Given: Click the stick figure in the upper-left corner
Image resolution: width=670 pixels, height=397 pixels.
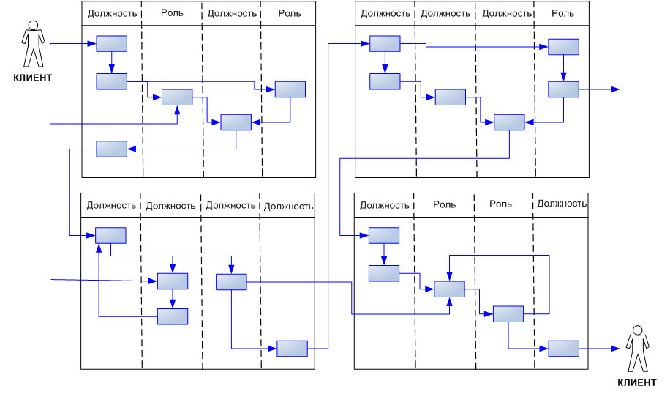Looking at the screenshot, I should click(x=33, y=45).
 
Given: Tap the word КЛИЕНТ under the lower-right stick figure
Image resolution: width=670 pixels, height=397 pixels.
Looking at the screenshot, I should click(x=636, y=382).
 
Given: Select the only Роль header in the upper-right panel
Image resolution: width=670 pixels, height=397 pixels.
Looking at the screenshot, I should click(x=562, y=13).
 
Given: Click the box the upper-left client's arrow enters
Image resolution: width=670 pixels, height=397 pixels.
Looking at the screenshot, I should click(x=111, y=44).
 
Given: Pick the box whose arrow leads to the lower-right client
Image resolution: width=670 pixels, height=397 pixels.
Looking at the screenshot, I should click(x=563, y=349).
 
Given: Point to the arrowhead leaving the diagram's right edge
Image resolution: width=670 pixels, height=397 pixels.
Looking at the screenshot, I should click(x=616, y=89).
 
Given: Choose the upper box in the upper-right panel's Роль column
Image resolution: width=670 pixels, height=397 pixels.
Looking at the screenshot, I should click(x=564, y=47).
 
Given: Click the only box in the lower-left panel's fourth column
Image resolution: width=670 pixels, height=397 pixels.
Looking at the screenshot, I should click(x=292, y=349).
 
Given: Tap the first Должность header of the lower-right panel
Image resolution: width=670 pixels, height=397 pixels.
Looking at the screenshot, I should click(x=384, y=205).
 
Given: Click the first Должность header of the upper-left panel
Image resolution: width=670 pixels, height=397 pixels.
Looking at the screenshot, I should click(x=111, y=13).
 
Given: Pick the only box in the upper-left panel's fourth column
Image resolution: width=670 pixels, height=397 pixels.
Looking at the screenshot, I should click(x=290, y=89).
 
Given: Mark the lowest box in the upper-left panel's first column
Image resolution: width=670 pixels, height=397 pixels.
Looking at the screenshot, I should click(x=111, y=149).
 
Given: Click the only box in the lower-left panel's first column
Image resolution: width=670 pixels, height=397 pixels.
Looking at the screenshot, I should click(x=110, y=236).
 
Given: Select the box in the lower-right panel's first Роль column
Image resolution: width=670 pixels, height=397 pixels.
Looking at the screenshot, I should click(x=449, y=289).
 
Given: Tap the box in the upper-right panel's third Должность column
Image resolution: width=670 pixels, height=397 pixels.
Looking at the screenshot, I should click(x=509, y=122).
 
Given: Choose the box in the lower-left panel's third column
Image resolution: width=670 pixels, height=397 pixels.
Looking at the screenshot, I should click(x=231, y=282).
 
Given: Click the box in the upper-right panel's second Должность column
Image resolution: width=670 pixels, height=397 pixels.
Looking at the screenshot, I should click(x=450, y=97).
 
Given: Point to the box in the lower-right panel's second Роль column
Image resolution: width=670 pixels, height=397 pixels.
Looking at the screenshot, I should click(x=508, y=314).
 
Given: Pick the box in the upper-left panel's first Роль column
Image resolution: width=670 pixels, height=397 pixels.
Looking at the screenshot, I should click(x=176, y=97).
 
